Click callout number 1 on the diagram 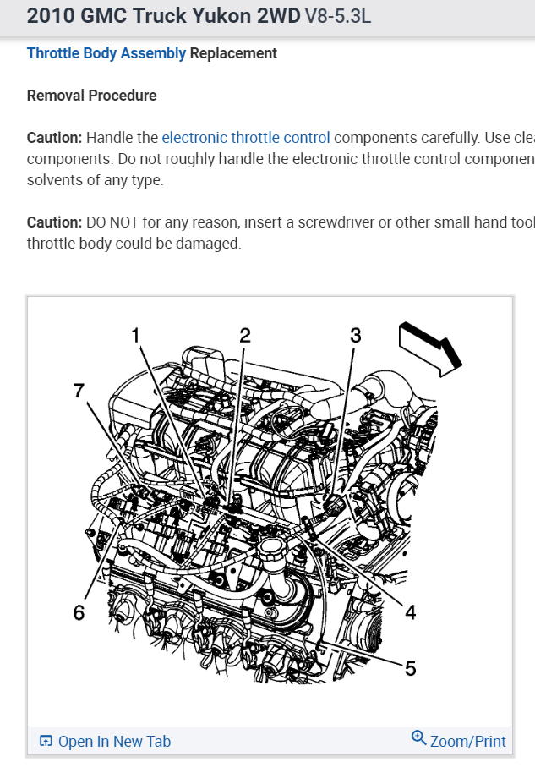pyautogui.click(x=135, y=336)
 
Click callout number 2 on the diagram pyautogui.click(x=245, y=336)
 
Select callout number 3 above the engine pyautogui.click(x=356, y=336)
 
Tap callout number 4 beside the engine pyautogui.click(x=411, y=611)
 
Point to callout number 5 pyautogui.click(x=411, y=668)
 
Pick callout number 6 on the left pyautogui.click(x=79, y=612)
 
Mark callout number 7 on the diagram pyautogui.click(x=79, y=390)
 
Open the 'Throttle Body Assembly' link pyautogui.click(x=106, y=53)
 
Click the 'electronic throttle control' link pyautogui.click(x=246, y=138)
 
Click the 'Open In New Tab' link pyautogui.click(x=114, y=742)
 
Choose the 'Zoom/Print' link pyautogui.click(x=467, y=742)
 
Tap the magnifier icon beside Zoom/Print pyautogui.click(x=418, y=738)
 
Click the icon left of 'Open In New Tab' pyautogui.click(x=46, y=742)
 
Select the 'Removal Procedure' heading pyautogui.click(x=91, y=96)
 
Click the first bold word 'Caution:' pyautogui.click(x=55, y=138)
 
